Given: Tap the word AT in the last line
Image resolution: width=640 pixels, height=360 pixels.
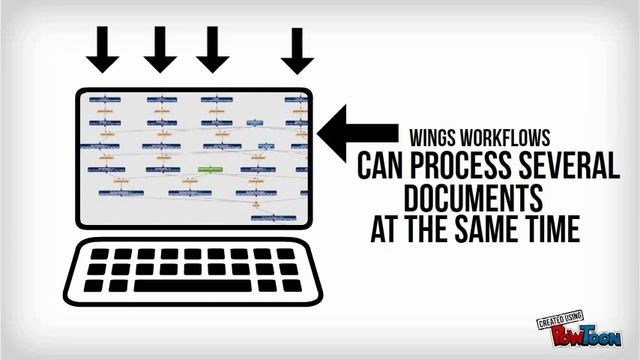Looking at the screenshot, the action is (x=386, y=228).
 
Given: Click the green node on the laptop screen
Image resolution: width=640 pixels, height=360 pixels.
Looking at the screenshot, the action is (x=210, y=170).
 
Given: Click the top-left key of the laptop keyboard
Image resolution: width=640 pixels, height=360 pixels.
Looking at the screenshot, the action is (x=100, y=254).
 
